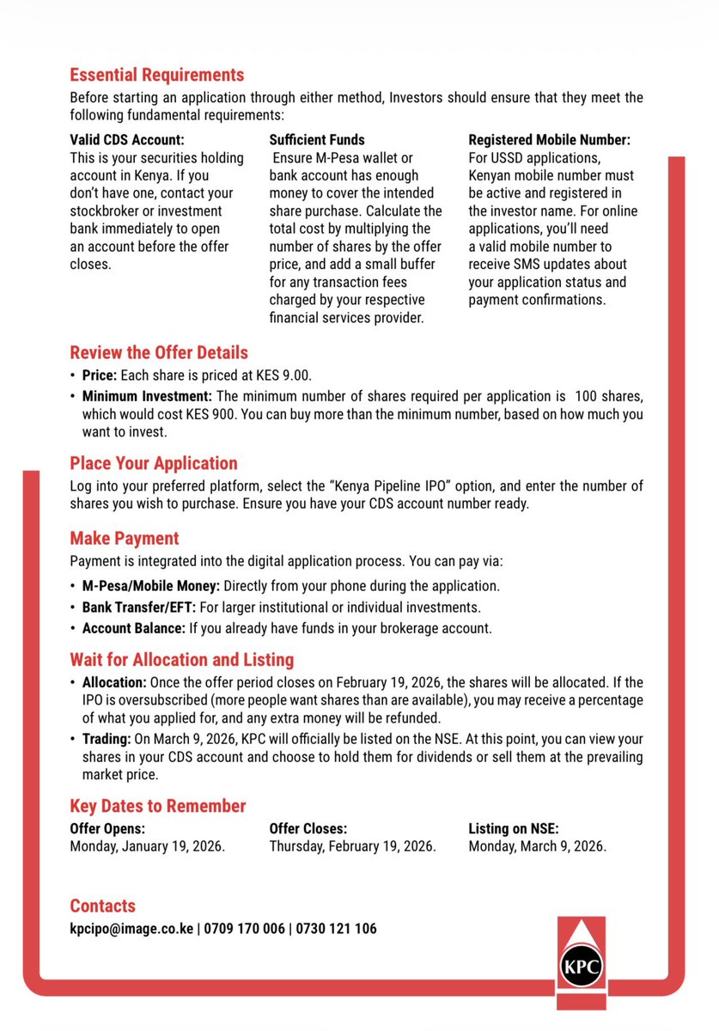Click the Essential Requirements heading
pos(156,75)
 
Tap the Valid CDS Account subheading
pos(127,139)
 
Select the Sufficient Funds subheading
pos(317,139)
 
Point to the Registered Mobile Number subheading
pos(549,139)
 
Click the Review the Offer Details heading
pos(158,352)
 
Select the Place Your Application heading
pos(153,463)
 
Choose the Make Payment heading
pos(124,539)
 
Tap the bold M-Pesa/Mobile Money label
pos(151,586)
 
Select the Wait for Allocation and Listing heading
pos(181,660)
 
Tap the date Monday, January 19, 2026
pos(147,846)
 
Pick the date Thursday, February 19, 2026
pos(352,846)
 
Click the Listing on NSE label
pos(513,829)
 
